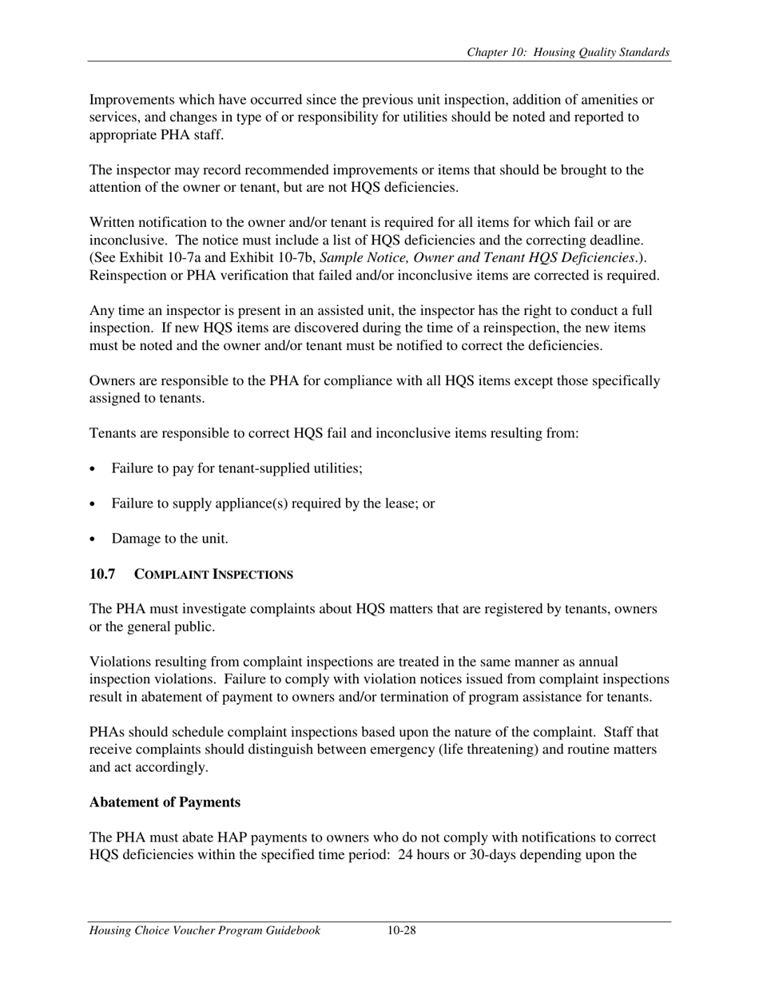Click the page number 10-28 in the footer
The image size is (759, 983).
pos(402,930)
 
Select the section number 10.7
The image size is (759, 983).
pos(102,574)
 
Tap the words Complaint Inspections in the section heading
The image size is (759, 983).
pos(213,575)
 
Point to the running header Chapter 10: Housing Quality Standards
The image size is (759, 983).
pos(568,53)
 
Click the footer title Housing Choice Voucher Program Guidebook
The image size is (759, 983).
pos(205,930)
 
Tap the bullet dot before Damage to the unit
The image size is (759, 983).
pos(94,539)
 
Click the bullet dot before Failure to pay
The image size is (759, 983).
pos(94,469)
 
